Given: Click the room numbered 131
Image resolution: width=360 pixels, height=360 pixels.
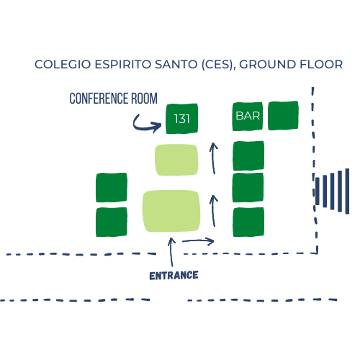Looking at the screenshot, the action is coord(181,119).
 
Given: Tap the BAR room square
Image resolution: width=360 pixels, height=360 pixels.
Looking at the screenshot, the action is coord(248,117).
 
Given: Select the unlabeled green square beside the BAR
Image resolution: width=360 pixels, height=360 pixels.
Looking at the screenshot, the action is coord(283,116).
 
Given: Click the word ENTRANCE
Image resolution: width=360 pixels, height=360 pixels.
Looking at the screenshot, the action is coord(174,276).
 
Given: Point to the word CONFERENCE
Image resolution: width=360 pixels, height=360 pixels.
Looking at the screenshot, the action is coord(99,99).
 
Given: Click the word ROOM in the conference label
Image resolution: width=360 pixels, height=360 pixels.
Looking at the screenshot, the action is coord(144,99).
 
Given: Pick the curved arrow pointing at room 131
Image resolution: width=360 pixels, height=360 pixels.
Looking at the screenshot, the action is coord(147,124).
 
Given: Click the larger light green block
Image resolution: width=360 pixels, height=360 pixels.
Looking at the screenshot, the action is coord(171,211).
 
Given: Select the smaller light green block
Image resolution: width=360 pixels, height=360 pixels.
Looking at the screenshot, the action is coord(176,160).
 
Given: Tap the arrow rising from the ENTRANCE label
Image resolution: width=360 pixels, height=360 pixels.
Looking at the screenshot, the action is coord(171,252).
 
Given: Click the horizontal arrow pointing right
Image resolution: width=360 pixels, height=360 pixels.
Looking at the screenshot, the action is coord(198,241).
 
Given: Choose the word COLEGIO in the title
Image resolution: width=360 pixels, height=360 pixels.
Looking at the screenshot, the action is coord(63,64).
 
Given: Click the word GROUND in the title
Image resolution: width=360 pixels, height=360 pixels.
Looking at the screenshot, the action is coord(266,64).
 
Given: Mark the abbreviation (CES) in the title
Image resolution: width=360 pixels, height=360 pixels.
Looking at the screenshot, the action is coord(217,65).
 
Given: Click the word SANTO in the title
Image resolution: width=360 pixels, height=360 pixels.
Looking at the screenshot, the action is coord(176,64).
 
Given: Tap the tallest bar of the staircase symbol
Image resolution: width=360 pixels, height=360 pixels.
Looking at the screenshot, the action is coord(347,191).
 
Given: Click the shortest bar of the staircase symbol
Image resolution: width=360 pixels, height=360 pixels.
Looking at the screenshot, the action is coord(318,192).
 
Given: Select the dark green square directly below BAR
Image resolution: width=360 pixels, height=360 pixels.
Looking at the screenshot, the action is coord(248,156).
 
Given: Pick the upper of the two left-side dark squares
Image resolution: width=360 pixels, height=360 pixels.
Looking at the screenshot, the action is coord(112,187).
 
